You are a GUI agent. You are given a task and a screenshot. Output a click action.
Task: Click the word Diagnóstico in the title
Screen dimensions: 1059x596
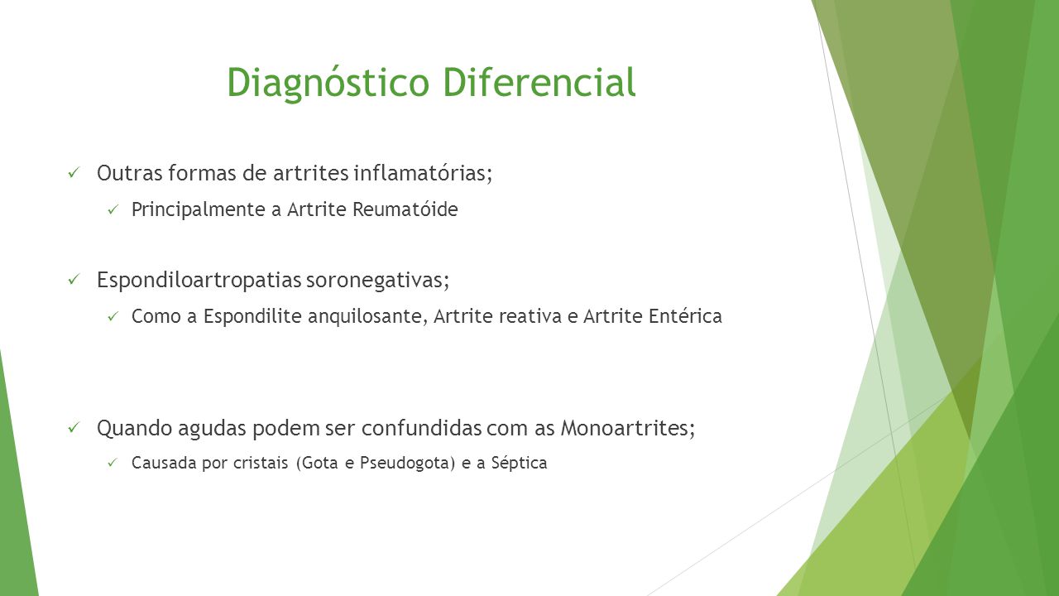coord(328,84)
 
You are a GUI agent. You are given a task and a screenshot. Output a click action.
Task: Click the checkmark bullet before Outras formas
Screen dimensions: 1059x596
coord(74,173)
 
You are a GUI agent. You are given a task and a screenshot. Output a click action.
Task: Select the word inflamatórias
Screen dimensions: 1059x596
coord(423,173)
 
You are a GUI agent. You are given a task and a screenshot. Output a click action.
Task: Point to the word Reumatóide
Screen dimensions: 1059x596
coord(405,209)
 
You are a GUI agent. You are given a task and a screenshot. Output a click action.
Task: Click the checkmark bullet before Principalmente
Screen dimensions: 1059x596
coord(113,209)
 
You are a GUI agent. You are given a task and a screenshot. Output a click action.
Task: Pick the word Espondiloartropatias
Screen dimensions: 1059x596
coord(199,280)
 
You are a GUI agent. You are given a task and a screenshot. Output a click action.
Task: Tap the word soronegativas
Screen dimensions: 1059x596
coord(377,280)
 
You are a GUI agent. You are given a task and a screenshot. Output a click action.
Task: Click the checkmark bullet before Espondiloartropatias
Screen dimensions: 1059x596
coord(74,280)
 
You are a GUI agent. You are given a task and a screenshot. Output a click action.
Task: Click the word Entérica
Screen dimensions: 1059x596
coord(685,316)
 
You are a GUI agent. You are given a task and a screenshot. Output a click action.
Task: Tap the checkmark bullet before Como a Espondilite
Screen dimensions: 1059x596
coord(113,316)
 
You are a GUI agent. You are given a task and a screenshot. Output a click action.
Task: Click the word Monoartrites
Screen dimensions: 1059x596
coord(628,428)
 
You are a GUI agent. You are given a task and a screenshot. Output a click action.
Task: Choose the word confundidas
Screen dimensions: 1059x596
coord(422,428)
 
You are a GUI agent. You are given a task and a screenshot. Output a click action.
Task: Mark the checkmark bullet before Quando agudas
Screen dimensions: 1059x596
coord(74,428)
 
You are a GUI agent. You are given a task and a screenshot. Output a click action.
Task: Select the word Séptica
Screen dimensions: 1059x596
coord(519,463)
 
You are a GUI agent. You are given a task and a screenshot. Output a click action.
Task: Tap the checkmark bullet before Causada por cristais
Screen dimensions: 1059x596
coord(113,463)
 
